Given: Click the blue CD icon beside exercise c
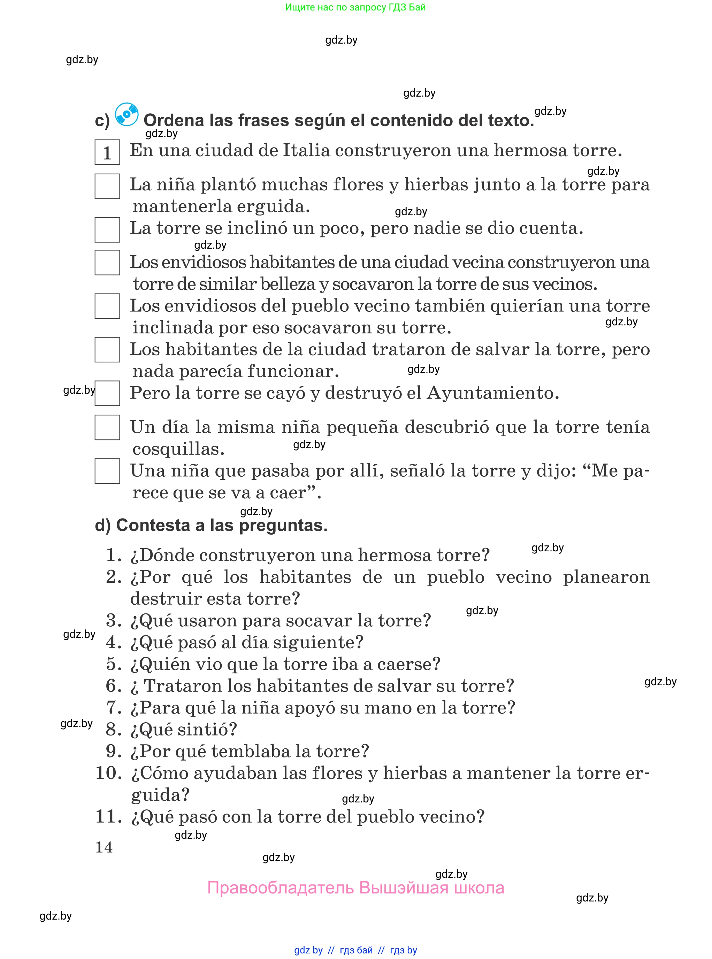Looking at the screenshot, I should (x=127, y=114).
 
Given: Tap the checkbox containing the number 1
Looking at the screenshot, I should (x=107, y=152).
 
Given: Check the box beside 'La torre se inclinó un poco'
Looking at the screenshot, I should (x=107, y=230).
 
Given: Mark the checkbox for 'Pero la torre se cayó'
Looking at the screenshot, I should (x=107, y=393).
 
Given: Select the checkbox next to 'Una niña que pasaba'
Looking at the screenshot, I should (x=107, y=471).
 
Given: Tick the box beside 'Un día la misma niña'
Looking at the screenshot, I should (x=107, y=427).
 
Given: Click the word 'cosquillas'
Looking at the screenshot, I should (x=178, y=449).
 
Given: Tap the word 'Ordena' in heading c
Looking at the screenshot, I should (x=174, y=120).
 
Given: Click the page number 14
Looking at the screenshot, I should (x=104, y=847).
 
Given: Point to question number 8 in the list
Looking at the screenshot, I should (x=114, y=730).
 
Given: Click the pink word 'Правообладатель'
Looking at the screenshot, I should (x=280, y=888).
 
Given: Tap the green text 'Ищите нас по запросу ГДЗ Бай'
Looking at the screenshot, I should (x=355, y=7).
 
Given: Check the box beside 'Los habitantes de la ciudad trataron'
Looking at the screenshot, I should (x=107, y=350).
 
